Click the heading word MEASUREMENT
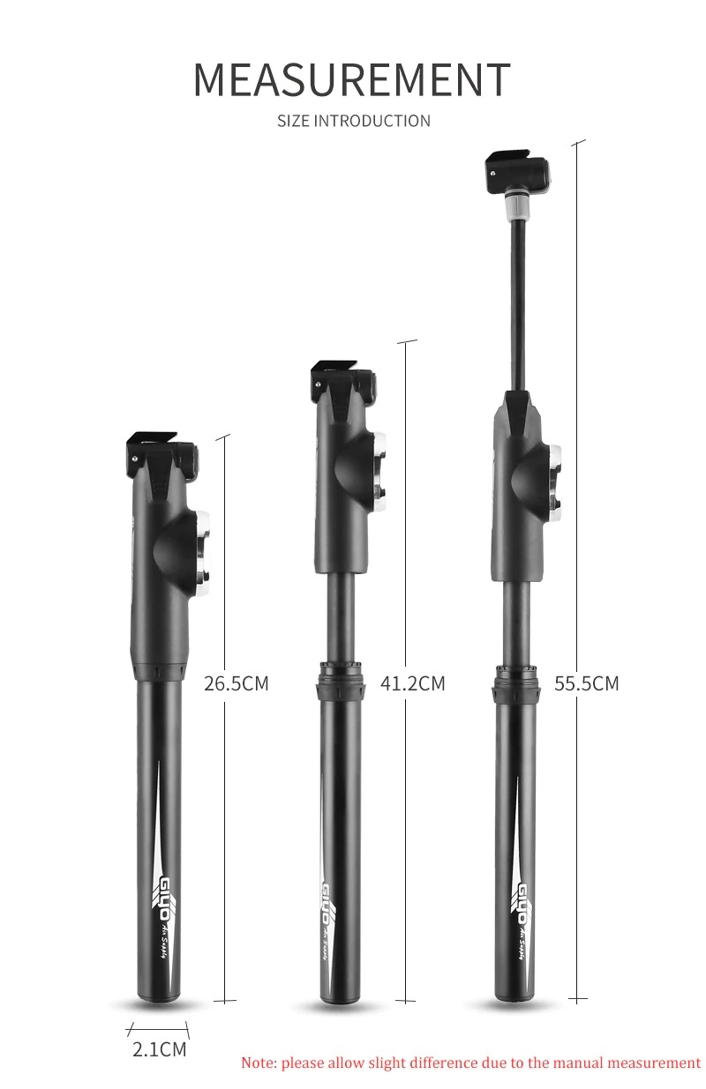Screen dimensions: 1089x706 click(x=351, y=79)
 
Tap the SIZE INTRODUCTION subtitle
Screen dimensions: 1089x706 click(x=354, y=121)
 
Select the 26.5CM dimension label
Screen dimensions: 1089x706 click(x=236, y=683)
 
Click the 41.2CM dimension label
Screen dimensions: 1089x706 click(x=413, y=683)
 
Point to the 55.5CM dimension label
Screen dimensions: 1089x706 click(x=587, y=683)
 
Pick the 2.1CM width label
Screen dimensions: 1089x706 click(x=160, y=1049)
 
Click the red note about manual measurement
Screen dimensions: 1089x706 click(x=470, y=1063)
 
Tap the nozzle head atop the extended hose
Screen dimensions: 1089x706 click(x=517, y=171)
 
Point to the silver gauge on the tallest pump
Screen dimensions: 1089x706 click(x=556, y=481)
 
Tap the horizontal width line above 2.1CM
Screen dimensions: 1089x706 click(x=159, y=1029)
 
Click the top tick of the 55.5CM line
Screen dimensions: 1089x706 click(x=578, y=142)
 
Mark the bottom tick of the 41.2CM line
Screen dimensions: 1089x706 click(x=405, y=1000)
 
